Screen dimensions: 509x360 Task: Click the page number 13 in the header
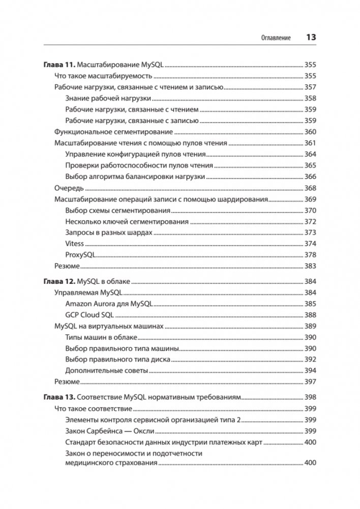pos(311,38)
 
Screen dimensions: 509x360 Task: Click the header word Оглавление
pos(276,38)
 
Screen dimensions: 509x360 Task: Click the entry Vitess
pos(75,244)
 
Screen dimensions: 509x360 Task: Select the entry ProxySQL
pos(81,255)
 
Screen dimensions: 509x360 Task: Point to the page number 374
pos(310,244)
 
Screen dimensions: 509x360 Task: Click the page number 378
pos(310,255)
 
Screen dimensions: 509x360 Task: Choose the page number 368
pos(310,188)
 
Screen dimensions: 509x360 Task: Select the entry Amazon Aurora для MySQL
pos(109,304)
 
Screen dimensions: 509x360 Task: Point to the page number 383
pos(310,266)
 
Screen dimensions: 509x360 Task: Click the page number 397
pos(310,382)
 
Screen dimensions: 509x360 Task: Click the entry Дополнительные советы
pos(107,371)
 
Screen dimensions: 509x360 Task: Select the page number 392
pos(310,360)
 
